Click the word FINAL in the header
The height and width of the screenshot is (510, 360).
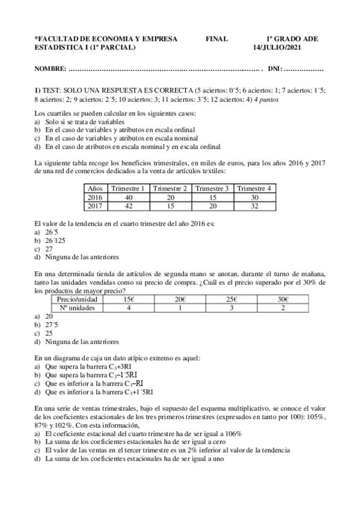(216, 39)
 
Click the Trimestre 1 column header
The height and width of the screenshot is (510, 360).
(128, 188)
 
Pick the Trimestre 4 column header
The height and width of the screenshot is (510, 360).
(254, 188)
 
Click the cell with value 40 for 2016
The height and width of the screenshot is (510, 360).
(128, 197)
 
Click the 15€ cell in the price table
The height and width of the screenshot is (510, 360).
(128, 299)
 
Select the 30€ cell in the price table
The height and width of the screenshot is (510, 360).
(283, 299)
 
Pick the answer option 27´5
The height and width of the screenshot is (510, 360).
(52, 325)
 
